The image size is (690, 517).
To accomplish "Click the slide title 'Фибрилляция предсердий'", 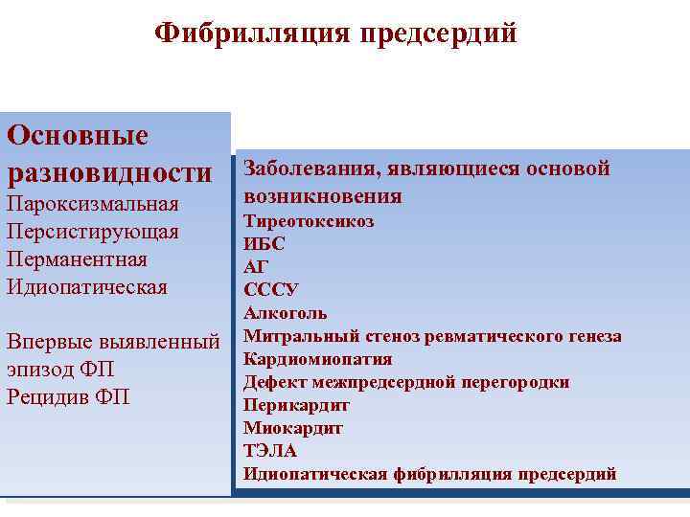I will tap(335, 34).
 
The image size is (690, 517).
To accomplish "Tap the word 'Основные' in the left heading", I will tap(78, 135).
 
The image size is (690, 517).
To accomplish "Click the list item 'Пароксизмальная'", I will tap(93, 204).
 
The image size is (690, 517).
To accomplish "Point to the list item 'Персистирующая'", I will tap(92, 232).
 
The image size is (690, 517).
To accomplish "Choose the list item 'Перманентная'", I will tap(77, 259).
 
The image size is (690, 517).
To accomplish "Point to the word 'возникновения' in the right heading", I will tap(322, 196).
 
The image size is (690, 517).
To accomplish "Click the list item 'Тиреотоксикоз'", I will tap(309, 221).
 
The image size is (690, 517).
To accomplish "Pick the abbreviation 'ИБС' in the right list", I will tap(264, 244).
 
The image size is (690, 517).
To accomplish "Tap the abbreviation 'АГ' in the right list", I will tap(256, 267).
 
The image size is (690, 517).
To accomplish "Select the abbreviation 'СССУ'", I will tap(271, 290).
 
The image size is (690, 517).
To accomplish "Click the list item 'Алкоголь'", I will tap(285, 313).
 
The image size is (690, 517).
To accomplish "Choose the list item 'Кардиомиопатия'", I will tap(317, 359).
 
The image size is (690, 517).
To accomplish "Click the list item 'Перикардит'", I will tap(296, 405).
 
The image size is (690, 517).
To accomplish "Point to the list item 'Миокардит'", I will tap(292, 428).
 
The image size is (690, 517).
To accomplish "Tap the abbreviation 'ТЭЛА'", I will tap(270, 451).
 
